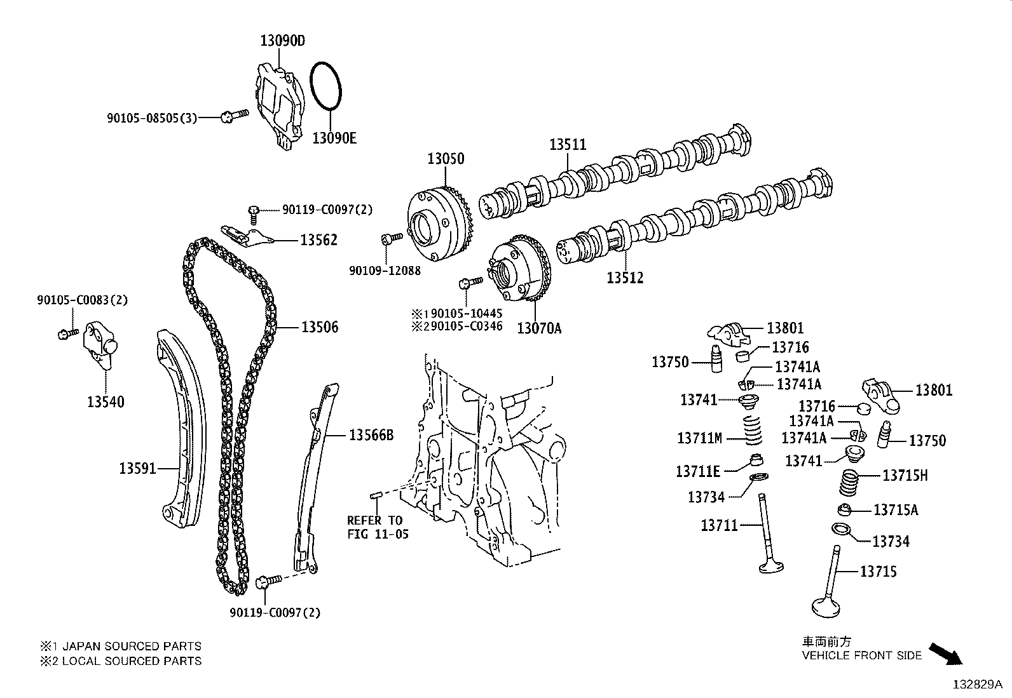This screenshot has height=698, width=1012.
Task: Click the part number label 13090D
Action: (x=282, y=41)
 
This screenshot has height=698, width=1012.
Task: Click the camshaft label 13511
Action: (x=567, y=145)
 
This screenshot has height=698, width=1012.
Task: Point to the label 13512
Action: (x=624, y=278)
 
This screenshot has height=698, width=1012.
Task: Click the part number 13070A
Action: (x=539, y=328)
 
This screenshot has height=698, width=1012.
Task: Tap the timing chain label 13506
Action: (x=320, y=327)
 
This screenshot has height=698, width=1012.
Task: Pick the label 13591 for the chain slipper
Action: (x=137, y=469)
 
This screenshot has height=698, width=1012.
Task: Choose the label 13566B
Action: (x=371, y=435)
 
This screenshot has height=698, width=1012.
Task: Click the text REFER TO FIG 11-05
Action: (x=377, y=527)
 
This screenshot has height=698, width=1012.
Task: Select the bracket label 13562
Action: (x=318, y=240)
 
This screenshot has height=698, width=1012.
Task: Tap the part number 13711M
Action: (x=699, y=438)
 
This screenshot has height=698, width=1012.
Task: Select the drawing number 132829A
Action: (x=976, y=685)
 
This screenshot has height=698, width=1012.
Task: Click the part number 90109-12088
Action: (x=385, y=271)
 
